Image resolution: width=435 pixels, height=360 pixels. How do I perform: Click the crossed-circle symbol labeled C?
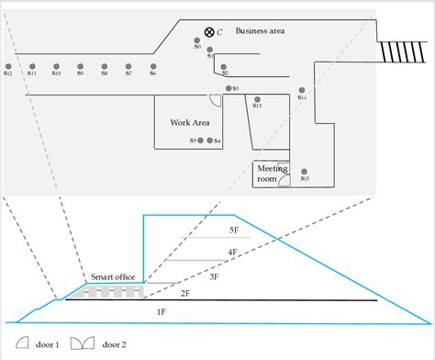click(209, 32)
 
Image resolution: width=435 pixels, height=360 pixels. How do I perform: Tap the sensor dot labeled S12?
click(7, 66)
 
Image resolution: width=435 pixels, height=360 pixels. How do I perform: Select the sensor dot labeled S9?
click(80, 66)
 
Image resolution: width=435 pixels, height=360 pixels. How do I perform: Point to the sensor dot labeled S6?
click(152, 66)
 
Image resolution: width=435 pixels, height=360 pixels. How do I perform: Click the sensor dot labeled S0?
click(197, 40)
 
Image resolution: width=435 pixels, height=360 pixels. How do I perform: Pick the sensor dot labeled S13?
click(257, 99)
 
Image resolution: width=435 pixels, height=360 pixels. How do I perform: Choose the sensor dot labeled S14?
click(301, 91)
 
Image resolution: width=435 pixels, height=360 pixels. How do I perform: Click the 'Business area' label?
click(260, 31)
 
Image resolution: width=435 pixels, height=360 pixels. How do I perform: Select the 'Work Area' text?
click(190, 122)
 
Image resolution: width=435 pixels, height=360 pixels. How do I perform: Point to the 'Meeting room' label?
click(272, 174)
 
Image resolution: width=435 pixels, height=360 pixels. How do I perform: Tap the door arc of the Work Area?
click(214, 100)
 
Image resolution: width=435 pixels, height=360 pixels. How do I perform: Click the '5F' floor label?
click(233, 231)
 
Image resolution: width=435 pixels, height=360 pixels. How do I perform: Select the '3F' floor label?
click(213, 276)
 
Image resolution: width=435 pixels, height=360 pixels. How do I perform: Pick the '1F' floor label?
click(162, 312)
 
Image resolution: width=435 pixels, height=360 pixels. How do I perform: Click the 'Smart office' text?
click(113, 276)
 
